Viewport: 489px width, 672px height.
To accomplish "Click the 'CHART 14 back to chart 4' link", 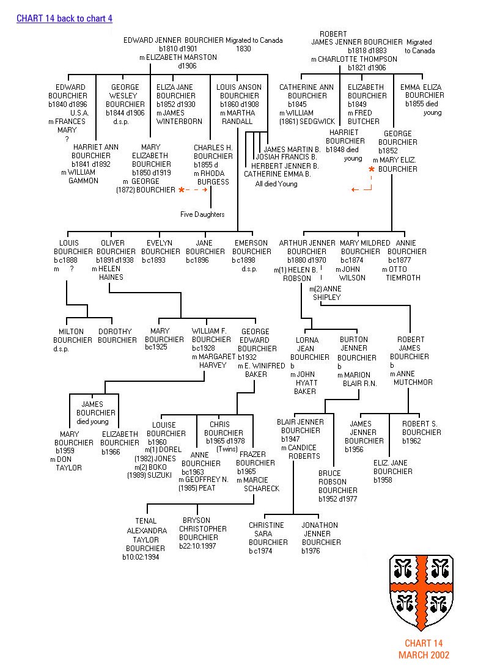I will pos(64,19).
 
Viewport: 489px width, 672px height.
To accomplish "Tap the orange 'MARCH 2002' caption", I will pos(424,655).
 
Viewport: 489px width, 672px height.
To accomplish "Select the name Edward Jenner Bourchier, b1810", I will pos(174,40).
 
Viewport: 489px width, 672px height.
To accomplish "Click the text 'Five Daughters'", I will pos(202,214).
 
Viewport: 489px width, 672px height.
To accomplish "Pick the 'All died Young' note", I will pos(276,184).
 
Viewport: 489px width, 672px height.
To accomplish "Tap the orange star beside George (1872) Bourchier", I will pos(181,191).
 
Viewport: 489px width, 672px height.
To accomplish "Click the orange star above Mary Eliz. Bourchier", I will pos(371,169).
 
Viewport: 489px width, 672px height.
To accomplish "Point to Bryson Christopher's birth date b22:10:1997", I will pos(197,546).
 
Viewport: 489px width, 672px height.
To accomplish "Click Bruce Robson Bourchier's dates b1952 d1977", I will pos(337,499).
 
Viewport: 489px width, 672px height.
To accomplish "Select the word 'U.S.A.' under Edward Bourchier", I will pos(80,113).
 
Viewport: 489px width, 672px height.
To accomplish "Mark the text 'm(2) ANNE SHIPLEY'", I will pos(325,293).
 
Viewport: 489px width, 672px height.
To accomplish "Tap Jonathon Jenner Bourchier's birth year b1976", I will pos(311,551).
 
